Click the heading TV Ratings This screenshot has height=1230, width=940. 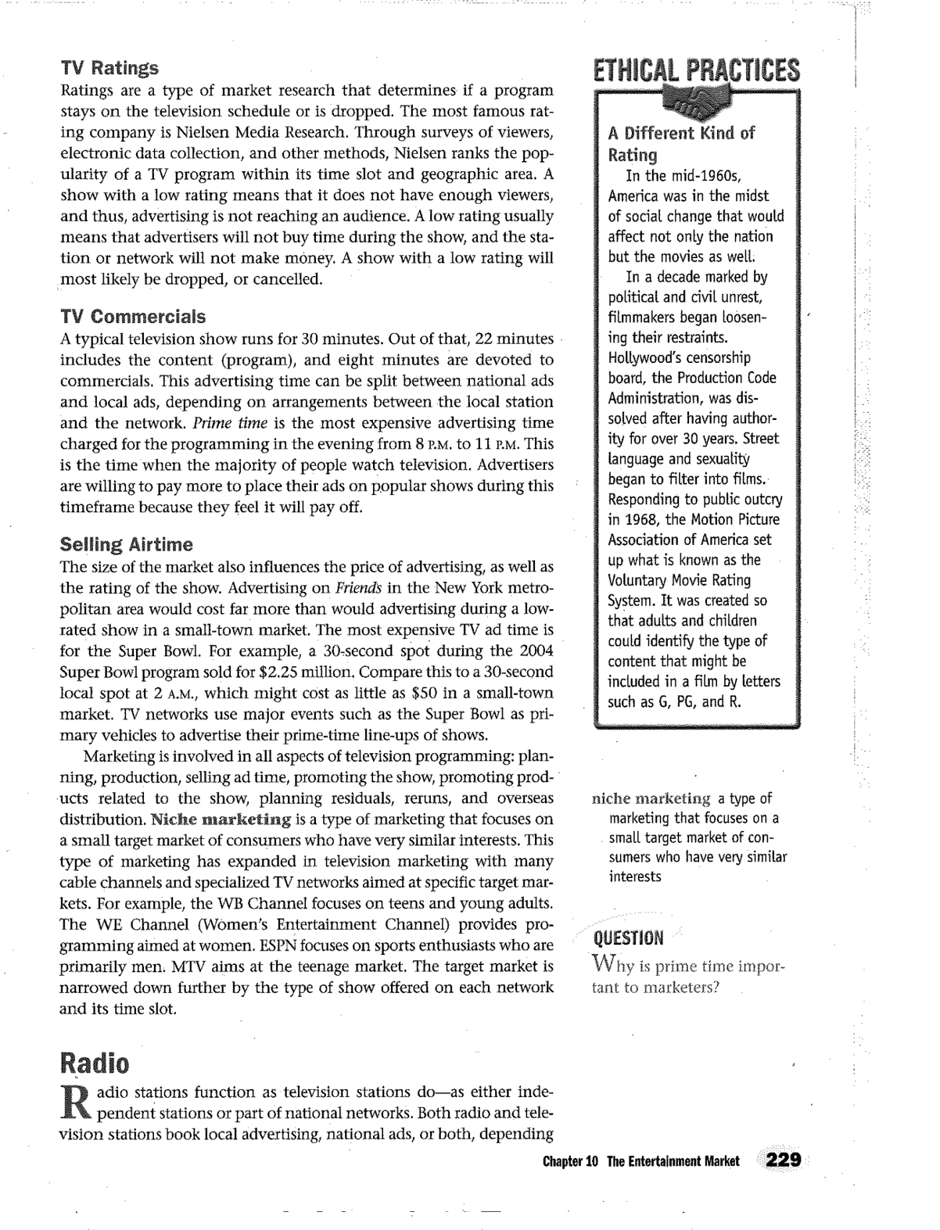[109, 68]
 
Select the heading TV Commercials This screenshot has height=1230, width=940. [133, 317]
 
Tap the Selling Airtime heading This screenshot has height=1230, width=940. [126, 544]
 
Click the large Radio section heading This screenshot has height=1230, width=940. [95, 1063]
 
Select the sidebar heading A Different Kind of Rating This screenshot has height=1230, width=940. [681, 143]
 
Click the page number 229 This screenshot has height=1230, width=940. [784, 1160]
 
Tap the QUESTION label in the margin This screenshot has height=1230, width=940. [628, 938]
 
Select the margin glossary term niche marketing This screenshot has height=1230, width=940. [651, 798]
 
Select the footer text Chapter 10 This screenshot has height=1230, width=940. [570, 1161]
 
